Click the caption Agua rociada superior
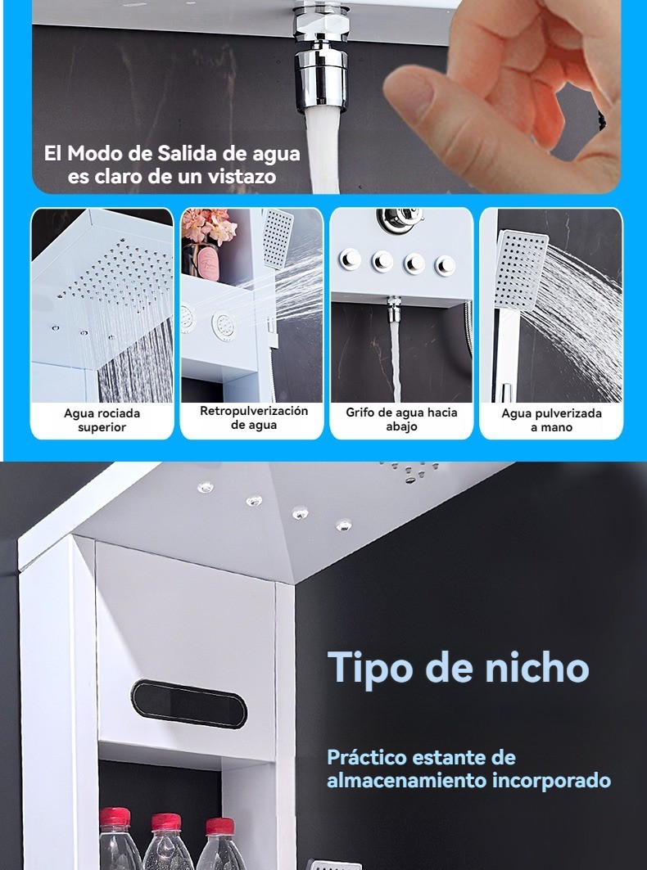tap(102, 420)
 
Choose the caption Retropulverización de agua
tap(254, 417)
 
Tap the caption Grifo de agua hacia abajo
tap(401, 420)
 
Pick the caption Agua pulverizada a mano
tap(551, 420)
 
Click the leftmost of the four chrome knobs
tap(350, 259)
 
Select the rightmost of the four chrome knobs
tap(445, 265)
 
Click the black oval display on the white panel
tap(189, 704)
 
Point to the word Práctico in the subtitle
tap(367, 757)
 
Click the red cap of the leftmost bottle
tap(115, 817)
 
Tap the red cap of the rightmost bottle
tap(220, 826)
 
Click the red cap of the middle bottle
tap(166, 822)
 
